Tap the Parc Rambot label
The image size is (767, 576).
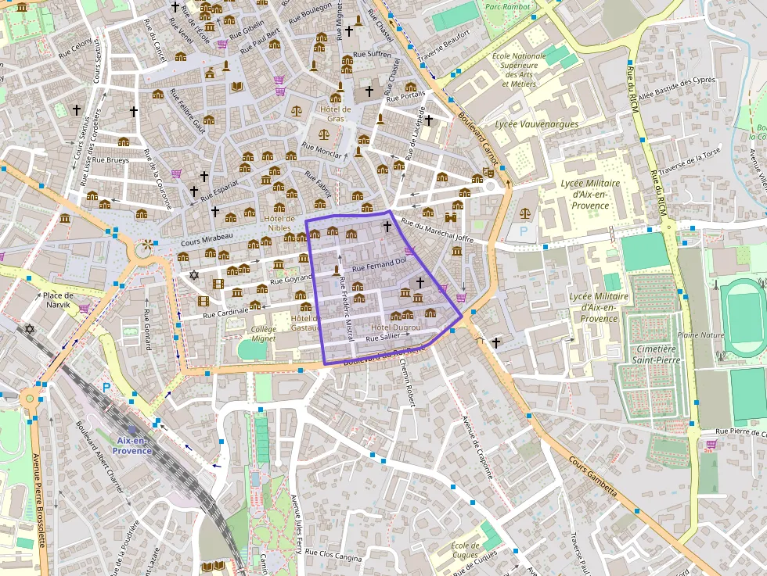pyautogui.click(x=506, y=7)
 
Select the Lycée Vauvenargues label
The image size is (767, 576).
pyautogui.click(x=537, y=124)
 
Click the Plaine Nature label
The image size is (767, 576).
pyautogui.click(x=700, y=334)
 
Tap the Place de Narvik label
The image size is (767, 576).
pyautogui.click(x=58, y=300)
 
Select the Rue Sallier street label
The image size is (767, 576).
pyautogui.click(x=383, y=337)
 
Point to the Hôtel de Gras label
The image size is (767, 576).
pyautogui.click(x=335, y=114)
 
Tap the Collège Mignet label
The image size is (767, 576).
pyautogui.click(x=264, y=335)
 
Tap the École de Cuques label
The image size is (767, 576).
pyautogui.click(x=465, y=550)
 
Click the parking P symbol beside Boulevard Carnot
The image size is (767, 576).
pyautogui.click(x=523, y=231)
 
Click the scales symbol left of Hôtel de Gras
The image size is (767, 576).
pyautogui.click(x=297, y=111)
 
